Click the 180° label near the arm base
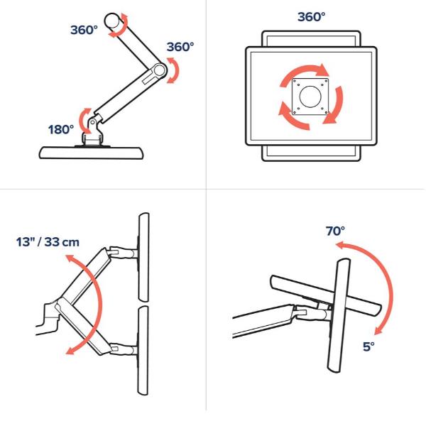61,129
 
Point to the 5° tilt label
368,347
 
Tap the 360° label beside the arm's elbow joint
180,47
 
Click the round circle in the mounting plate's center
310,95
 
